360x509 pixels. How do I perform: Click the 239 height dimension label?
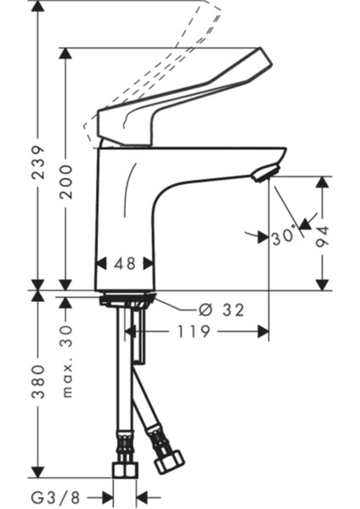pos(38,162)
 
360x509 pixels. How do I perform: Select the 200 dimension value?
pos(66,182)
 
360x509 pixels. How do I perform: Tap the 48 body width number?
pos(125,264)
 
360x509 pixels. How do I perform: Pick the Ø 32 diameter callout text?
pos(222,310)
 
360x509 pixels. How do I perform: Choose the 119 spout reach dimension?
pos(194,332)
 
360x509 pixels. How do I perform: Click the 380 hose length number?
pos(38,382)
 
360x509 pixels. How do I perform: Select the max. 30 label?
pos(66,361)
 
